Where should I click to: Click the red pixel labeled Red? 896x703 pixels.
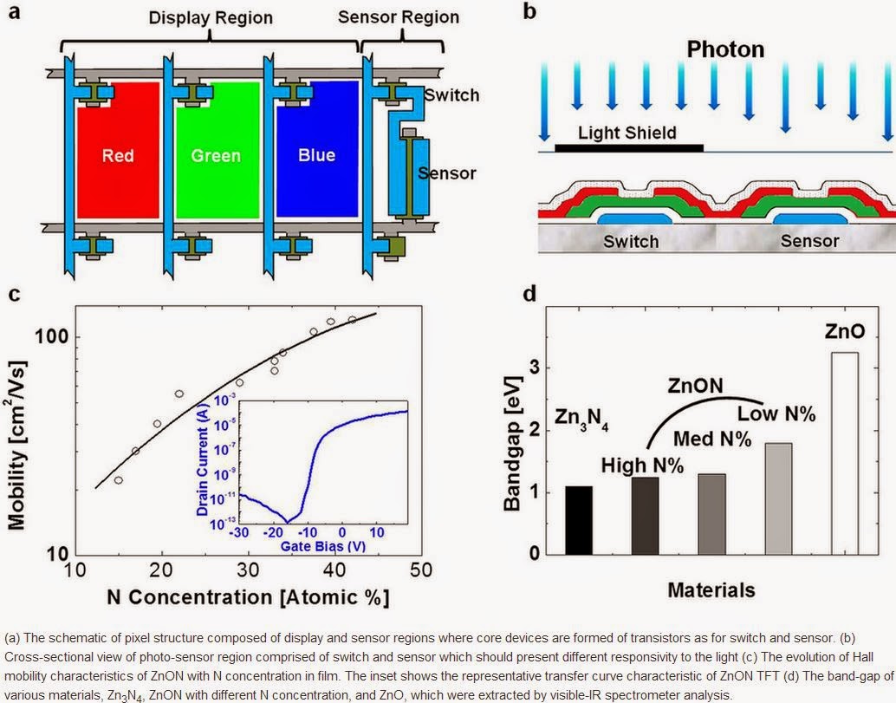click(x=117, y=156)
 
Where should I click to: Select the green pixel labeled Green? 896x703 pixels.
click(x=215, y=156)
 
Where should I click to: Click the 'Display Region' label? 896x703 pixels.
click(x=211, y=17)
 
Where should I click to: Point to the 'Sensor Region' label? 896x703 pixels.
click(x=412, y=17)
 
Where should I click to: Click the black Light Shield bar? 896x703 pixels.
click(x=628, y=148)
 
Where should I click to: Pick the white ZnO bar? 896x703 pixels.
click(x=844, y=453)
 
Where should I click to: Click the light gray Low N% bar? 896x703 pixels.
click(x=778, y=498)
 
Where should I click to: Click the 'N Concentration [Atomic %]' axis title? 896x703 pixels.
click(x=247, y=597)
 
